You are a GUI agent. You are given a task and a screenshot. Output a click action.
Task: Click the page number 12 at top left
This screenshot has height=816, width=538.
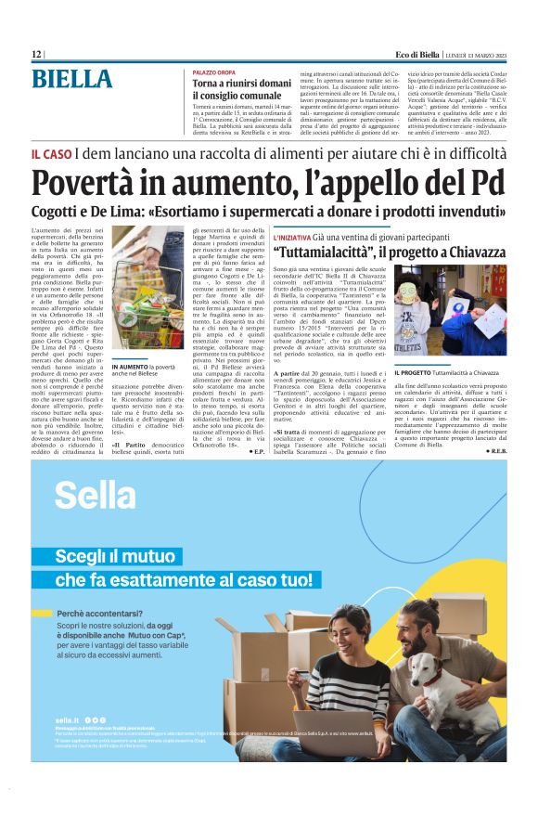point(36,55)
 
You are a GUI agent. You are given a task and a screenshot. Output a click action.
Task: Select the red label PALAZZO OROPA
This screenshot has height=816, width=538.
point(213,71)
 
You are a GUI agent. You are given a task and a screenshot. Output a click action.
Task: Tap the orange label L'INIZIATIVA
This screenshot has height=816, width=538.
point(292,239)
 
